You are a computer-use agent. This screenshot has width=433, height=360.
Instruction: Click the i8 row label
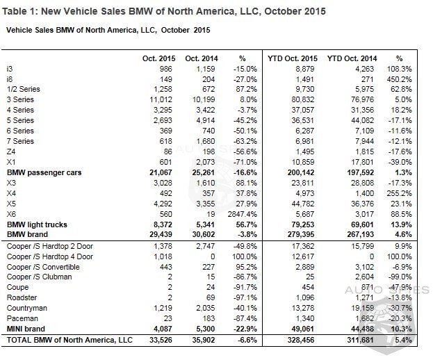(9, 79)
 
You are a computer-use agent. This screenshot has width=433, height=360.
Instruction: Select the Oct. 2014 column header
(202, 58)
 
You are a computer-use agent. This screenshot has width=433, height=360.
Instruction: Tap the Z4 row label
(10, 151)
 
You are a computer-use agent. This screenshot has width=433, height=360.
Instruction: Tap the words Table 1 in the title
(22, 11)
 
